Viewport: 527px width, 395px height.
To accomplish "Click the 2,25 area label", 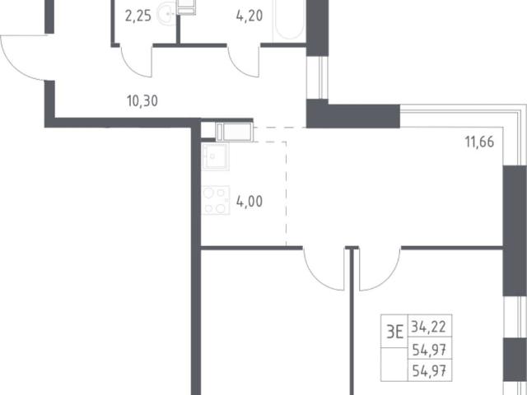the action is tap(138, 16).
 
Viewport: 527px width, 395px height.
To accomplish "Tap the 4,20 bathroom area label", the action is tap(250, 16).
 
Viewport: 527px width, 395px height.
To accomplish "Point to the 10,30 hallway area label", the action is tap(142, 100).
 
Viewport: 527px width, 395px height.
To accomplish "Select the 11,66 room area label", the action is tap(479, 142).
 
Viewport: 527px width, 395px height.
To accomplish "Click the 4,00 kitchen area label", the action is tap(250, 202).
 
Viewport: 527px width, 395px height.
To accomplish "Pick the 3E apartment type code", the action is tap(394, 332).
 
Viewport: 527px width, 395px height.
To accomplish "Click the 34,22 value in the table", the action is tap(428, 327).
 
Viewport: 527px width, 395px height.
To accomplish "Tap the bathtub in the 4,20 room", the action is tap(289, 21).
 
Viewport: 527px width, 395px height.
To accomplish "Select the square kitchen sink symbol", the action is tap(216, 156).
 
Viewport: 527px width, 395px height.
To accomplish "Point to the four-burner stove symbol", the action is tap(216, 201).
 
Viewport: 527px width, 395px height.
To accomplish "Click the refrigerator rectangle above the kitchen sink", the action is tap(234, 132).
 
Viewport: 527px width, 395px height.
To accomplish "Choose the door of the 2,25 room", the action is tap(136, 62).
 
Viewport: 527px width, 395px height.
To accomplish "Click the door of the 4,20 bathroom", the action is tap(243, 62).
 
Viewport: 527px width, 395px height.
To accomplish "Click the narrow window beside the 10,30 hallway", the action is tap(317, 77).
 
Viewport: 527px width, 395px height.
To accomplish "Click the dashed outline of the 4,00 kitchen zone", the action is tap(287, 193).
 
